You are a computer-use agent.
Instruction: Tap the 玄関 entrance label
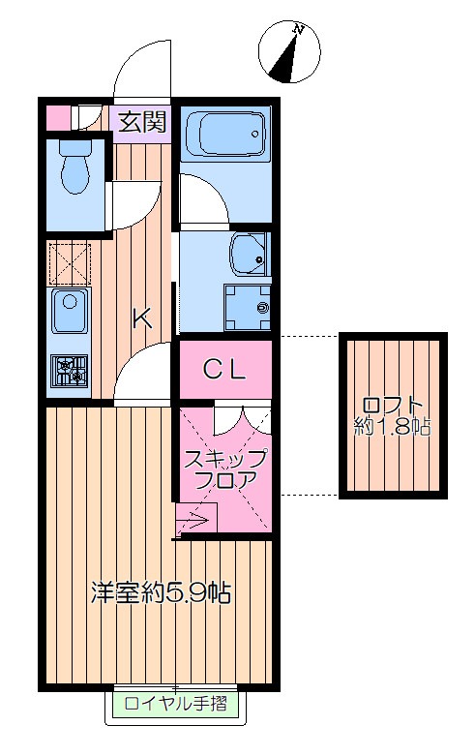tap(141, 121)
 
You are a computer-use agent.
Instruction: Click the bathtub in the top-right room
tap(224, 134)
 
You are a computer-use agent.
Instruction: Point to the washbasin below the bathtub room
tap(250, 255)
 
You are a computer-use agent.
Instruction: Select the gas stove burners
tap(70, 372)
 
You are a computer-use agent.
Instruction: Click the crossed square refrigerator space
tap(69, 261)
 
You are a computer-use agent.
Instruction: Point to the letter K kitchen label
tap(141, 317)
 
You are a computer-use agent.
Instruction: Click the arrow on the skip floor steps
tap(193, 524)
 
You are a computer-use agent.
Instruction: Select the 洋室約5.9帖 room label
tap(162, 592)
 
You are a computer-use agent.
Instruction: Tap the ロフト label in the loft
tap(393, 404)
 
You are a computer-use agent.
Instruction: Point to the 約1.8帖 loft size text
tap(393, 425)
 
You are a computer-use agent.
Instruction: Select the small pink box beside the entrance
tap(58, 116)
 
